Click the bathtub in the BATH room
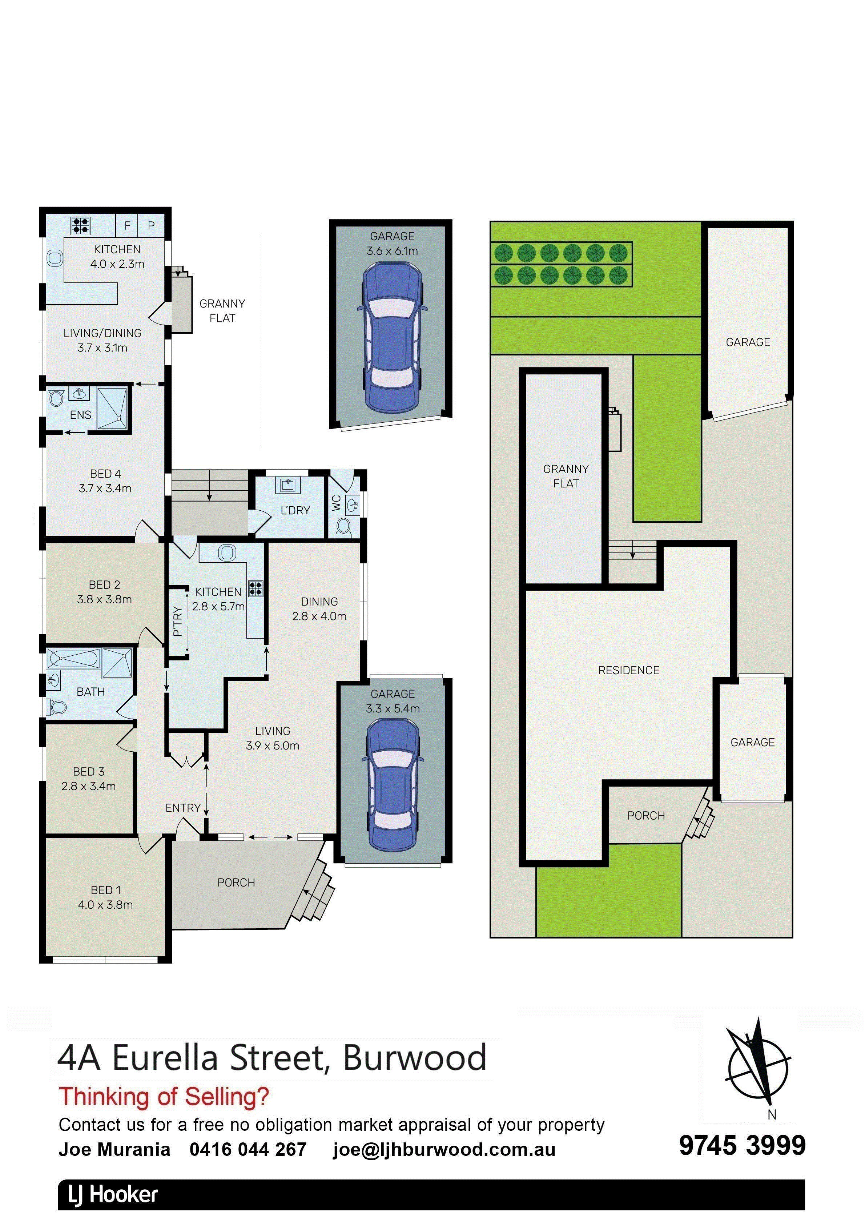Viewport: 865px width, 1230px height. point(73,658)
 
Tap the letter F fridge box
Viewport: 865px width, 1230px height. point(128,225)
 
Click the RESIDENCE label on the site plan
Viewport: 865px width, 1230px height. point(628,670)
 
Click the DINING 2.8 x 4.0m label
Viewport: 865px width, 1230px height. point(319,608)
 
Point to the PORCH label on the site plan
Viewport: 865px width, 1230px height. point(646,815)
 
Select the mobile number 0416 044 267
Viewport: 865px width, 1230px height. point(248,1149)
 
